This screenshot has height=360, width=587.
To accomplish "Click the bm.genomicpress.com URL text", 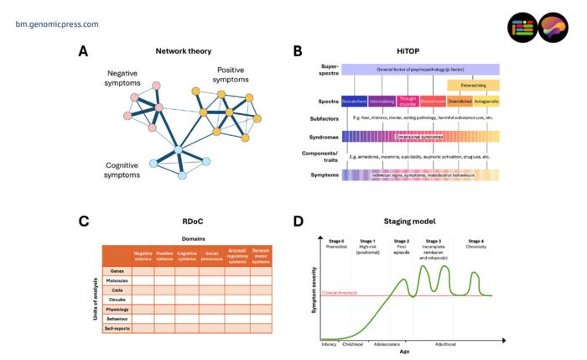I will tap(56, 24).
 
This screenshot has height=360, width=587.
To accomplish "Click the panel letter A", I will tap(83, 52).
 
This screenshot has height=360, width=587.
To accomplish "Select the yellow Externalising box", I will tap(472, 86).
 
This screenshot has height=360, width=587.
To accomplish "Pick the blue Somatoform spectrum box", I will tap(355, 102).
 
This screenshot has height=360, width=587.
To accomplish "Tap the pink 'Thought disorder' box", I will tap(408, 102).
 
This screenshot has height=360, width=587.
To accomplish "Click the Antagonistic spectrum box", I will tap(486, 102).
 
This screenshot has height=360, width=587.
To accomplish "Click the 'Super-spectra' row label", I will tap(325, 69).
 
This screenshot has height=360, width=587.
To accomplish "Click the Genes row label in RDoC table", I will tap(117, 272).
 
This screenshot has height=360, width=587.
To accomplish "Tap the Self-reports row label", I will tap(117, 329).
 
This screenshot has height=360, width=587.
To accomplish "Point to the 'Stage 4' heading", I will tap(475, 241).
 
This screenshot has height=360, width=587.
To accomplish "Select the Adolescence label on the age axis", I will tap(387, 343).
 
